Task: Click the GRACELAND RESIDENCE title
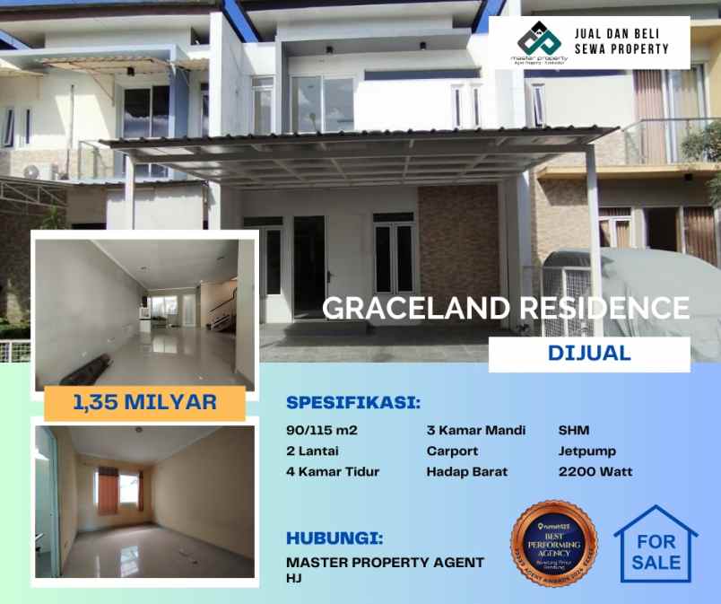pyautogui.click(x=506, y=308)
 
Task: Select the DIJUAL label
pyautogui.click(x=588, y=354)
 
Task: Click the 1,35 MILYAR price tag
pyautogui.click(x=144, y=401)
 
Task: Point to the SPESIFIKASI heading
pyautogui.click(x=353, y=401)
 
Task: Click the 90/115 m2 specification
pyautogui.click(x=321, y=430)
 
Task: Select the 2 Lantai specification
pyautogui.click(x=313, y=451)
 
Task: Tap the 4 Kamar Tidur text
pyautogui.click(x=333, y=471)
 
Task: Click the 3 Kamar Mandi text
pyautogui.click(x=476, y=430)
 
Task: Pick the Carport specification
pyautogui.click(x=452, y=451)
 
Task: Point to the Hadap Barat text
pyautogui.click(x=466, y=471)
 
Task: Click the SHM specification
pyautogui.click(x=574, y=430)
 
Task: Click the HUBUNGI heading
pyautogui.click(x=334, y=538)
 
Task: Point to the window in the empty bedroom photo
pyautogui.click(x=118, y=490)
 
